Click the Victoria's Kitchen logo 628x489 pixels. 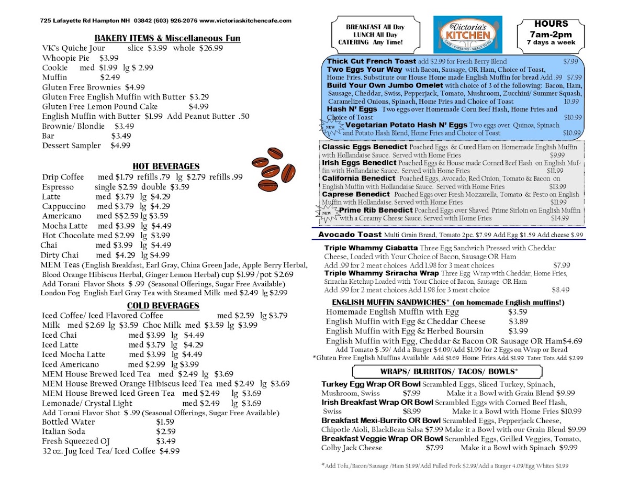467,34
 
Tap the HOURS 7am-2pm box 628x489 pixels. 551,32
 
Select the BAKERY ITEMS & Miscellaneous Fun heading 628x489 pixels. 167,38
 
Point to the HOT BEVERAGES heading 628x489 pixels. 166,166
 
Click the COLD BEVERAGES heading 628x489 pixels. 163,306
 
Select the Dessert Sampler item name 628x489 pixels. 71,146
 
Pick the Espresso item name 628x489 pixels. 58,187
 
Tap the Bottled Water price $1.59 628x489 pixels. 165,421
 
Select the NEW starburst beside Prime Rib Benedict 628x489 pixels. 326,212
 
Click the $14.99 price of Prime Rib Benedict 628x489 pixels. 559,218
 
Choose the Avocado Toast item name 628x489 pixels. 350,235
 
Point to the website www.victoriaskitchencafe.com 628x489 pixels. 245,20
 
